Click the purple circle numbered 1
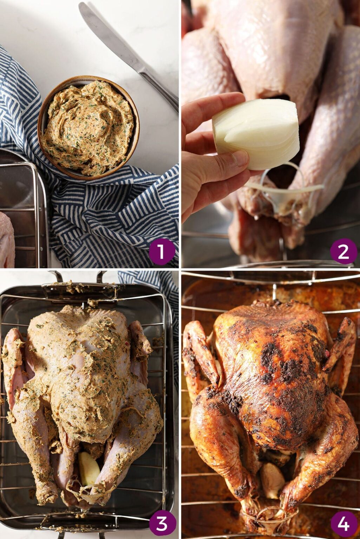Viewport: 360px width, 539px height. [x=162, y=251]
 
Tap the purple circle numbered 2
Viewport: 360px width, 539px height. [x=343, y=251]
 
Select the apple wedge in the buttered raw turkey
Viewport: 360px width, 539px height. [x=89, y=468]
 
